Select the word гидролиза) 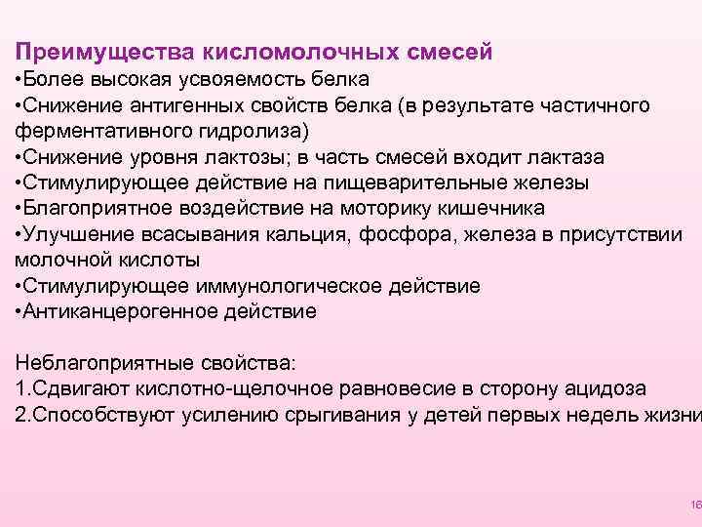(250, 130)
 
